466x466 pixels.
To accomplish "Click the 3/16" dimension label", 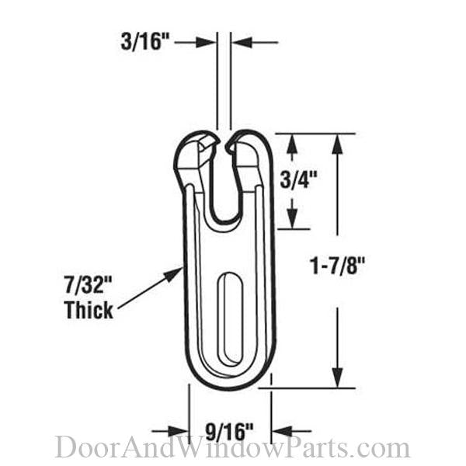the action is point(145,42).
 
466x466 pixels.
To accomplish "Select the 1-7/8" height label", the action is point(337,266).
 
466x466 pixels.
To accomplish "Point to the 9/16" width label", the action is point(229,432).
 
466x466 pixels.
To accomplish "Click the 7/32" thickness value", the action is point(89,285).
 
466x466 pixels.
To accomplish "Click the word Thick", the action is point(89,310).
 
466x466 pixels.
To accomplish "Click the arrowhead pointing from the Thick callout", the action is point(172,274).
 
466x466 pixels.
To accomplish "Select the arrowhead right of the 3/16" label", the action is point(206,43).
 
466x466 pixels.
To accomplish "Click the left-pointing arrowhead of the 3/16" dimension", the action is point(242,43).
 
